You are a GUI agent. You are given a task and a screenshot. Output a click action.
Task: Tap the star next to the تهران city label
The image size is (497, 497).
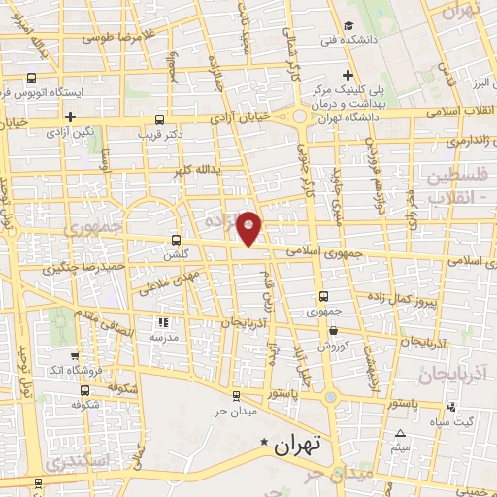[264, 446]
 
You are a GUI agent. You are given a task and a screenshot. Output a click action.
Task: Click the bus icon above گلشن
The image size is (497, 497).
[176, 239]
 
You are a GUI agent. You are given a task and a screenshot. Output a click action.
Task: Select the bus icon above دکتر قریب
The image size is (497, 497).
[159, 121]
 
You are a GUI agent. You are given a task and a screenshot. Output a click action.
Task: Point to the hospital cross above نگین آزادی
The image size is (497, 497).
[70, 117]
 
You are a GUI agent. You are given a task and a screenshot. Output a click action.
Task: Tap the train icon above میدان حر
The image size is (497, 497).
[237, 394]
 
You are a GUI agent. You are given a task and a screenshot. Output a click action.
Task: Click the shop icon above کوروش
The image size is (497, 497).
[333, 331]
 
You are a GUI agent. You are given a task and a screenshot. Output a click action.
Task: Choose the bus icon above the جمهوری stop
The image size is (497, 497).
[323, 297]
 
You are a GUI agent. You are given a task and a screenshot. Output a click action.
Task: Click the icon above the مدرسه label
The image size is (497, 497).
[163, 321]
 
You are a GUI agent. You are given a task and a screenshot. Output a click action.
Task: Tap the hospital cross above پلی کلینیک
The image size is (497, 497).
[348, 76]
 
